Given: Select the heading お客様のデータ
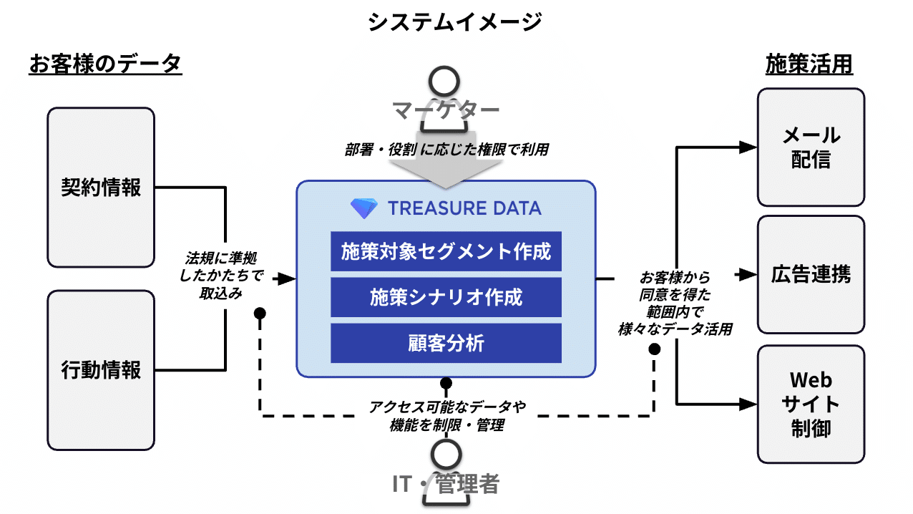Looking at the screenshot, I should [x=105, y=64].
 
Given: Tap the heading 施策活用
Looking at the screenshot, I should [x=809, y=64].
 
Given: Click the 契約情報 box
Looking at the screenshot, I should [x=101, y=188].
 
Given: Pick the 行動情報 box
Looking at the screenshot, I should [x=101, y=369].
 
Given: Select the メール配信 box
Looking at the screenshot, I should [x=811, y=147].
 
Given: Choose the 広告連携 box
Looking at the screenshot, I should [x=811, y=274].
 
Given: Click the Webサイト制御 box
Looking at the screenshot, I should [x=811, y=404].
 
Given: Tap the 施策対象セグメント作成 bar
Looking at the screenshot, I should [x=446, y=251].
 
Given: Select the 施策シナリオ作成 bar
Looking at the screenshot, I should [x=446, y=297].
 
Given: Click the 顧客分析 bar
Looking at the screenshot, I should [x=446, y=343].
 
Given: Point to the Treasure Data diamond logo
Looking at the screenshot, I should [x=363, y=208].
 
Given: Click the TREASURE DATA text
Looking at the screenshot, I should [x=464, y=208].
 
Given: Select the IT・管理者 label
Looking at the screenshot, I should [x=445, y=484].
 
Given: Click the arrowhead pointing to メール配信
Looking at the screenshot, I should [x=747, y=147].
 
